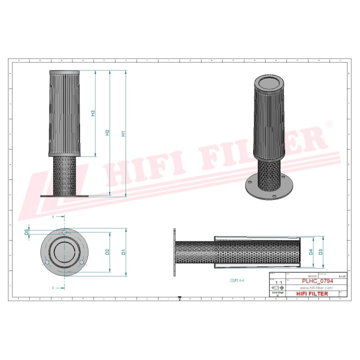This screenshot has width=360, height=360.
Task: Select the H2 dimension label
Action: (107, 133)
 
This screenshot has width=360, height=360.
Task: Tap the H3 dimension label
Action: (93, 113)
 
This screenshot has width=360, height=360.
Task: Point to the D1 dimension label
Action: (123, 252)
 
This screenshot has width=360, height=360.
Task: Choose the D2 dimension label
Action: (107, 251)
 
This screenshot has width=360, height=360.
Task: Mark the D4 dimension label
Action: (310, 251)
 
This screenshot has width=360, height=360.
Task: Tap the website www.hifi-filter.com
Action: (316, 288)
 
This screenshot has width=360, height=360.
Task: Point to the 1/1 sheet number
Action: (277, 282)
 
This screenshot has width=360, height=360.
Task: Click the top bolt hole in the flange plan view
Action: (64, 232)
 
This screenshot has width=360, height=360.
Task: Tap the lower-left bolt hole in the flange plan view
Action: (46, 263)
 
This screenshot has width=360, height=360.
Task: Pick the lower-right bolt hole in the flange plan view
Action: (82, 263)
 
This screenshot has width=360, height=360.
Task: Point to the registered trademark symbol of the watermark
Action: (328, 124)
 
